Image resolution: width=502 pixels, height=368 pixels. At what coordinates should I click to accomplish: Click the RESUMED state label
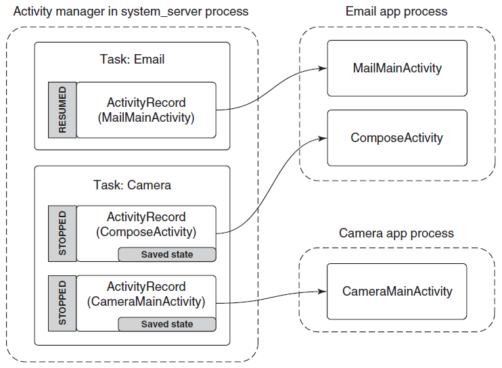pyautogui.click(x=62, y=110)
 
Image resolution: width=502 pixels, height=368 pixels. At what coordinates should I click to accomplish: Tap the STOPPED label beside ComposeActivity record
pyautogui.click(x=62, y=233)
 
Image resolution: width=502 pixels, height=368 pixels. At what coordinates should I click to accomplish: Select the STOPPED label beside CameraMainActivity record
pyautogui.click(x=62, y=303)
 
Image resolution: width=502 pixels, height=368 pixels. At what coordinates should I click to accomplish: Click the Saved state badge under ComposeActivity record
pyautogui.click(x=167, y=254)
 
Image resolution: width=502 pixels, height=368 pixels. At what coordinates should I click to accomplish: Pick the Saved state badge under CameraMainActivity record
pyautogui.click(x=167, y=324)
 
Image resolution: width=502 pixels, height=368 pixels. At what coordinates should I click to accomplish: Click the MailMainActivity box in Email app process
pyautogui.click(x=397, y=68)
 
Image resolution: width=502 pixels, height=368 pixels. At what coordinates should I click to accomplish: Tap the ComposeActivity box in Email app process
pyautogui.click(x=397, y=138)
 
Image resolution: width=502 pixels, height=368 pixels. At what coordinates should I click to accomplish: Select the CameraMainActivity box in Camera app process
pyautogui.click(x=397, y=292)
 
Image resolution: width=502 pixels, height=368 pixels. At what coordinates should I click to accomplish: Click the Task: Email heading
pyautogui.click(x=132, y=60)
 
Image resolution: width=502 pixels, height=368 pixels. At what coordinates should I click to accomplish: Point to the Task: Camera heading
pyautogui.click(x=132, y=185)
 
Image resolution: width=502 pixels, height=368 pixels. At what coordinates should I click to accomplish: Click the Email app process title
pyautogui.click(x=396, y=11)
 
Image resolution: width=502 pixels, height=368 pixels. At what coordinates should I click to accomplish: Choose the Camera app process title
pyautogui.click(x=396, y=233)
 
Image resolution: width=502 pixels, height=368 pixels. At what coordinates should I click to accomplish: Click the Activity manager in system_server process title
pyautogui.click(x=131, y=11)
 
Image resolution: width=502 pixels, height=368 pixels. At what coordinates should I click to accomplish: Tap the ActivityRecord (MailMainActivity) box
pyautogui.click(x=146, y=110)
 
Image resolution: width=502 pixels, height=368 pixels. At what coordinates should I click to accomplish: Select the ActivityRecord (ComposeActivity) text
pyautogui.click(x=146, y=225)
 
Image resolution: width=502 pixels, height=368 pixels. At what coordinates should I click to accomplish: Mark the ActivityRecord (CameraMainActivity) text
pyautogui.click(x=146, y=294)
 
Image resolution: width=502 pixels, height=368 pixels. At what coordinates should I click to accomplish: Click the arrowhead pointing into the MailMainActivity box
pyautogui.click(x=323, y=68)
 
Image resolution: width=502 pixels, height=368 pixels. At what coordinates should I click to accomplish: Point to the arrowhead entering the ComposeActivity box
pyautogui.click(x=323, y=138)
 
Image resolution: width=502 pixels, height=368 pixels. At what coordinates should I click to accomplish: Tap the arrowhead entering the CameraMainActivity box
pyautogui.click(x=323, y=292)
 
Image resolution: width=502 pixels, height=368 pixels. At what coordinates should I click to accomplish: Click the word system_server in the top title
pyautogui.click(x=161, y=12)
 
